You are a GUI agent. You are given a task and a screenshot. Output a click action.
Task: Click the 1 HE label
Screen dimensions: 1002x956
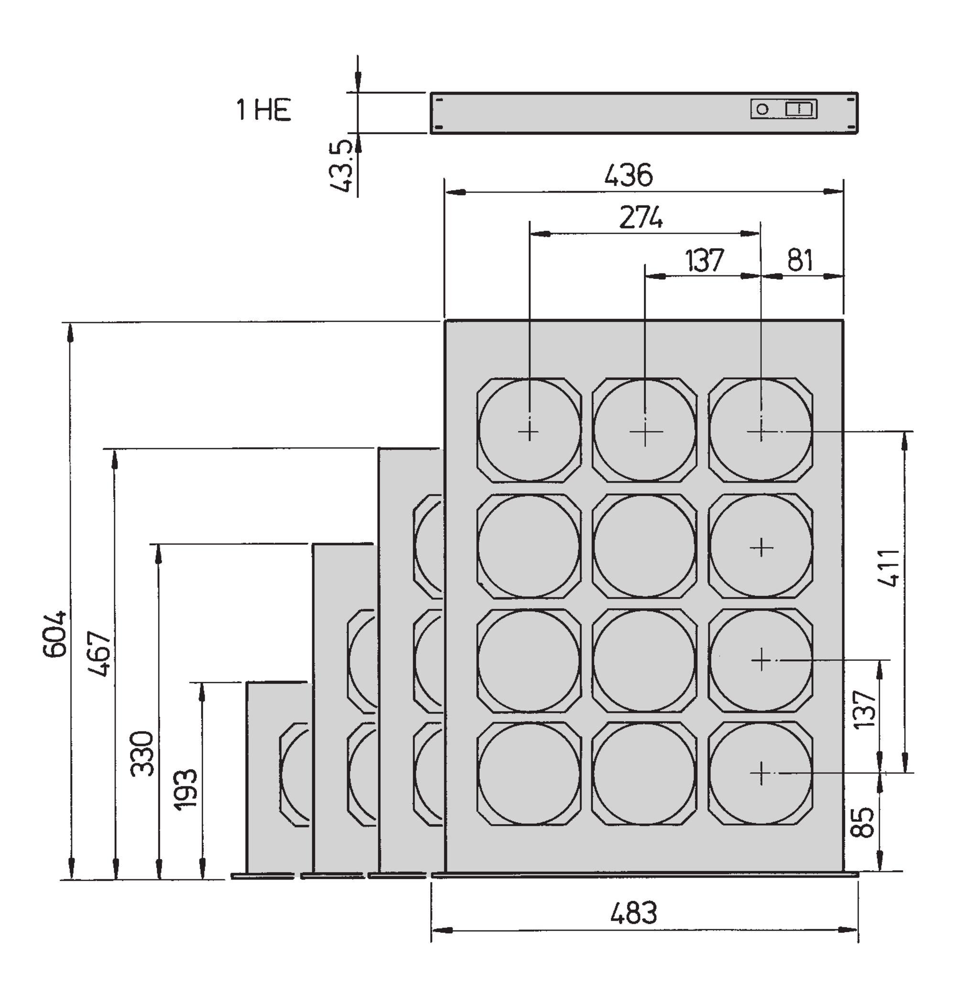coord(263,109)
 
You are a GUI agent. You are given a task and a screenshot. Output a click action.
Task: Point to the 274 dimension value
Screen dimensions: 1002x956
coord(641,218)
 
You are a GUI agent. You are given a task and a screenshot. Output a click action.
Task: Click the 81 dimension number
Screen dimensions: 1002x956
coord(800,260)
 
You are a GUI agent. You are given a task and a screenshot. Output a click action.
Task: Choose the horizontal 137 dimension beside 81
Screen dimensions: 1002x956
coord(704,260)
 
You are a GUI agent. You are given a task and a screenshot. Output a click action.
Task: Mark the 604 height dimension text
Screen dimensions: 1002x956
coord(54,634)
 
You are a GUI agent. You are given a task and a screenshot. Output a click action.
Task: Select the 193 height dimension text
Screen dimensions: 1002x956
coord(185,789)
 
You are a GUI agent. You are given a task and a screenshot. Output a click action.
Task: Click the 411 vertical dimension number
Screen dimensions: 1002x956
coord(890,568)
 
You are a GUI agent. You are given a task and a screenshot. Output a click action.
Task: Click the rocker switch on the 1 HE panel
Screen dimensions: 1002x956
coord(800,109)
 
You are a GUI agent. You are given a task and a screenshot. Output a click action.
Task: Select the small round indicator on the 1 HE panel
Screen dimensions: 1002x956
coord(762,109)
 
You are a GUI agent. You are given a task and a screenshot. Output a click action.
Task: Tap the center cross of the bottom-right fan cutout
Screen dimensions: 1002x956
coord(761,773)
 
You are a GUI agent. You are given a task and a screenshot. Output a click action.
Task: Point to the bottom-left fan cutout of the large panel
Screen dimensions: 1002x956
coord(529,773)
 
